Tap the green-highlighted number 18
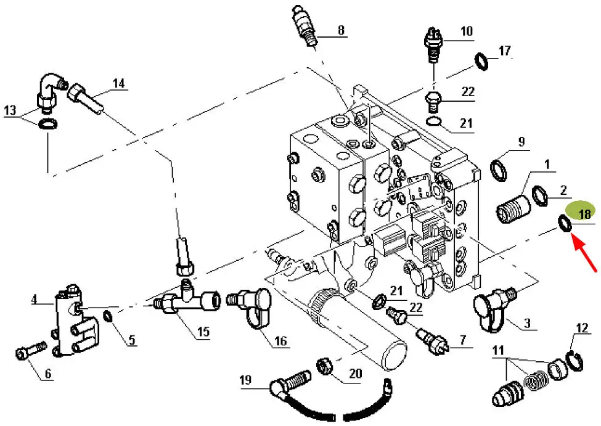click(583, 213)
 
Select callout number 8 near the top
click(341, 30)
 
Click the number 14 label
click(118, 83)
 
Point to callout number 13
click(10, 110)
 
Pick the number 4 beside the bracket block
click(35, 301)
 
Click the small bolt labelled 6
click(26, 352)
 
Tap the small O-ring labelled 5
click(108, 317)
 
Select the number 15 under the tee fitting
click(203, 332)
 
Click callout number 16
click(280, 340)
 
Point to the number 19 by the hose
click(246, 381)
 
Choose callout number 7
click(462, 340)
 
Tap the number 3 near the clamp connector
click(527, 322)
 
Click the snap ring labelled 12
click(572, 361)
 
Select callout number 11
click(497, 352)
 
